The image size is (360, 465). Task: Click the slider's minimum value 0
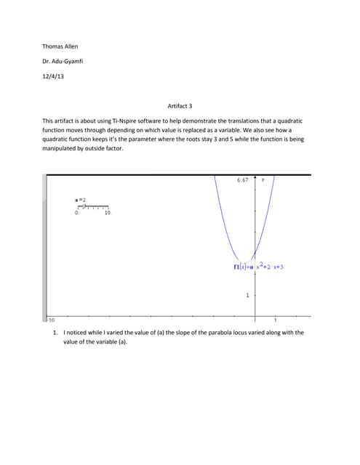pyautogui.click(x=77, y=213)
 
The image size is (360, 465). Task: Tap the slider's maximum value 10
pyautogui.click(x=108, y=213)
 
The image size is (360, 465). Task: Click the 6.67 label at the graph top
pyautogui.click(x=243, y=179)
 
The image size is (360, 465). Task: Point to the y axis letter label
pyautogui.click(x=263, y=179)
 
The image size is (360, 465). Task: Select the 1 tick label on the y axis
pyautogui.click(x=247, y=296)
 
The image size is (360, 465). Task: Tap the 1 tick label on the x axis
pyautogui.click(x=275, y=320)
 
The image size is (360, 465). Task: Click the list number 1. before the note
pyautogui.click(x=55, y=332)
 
